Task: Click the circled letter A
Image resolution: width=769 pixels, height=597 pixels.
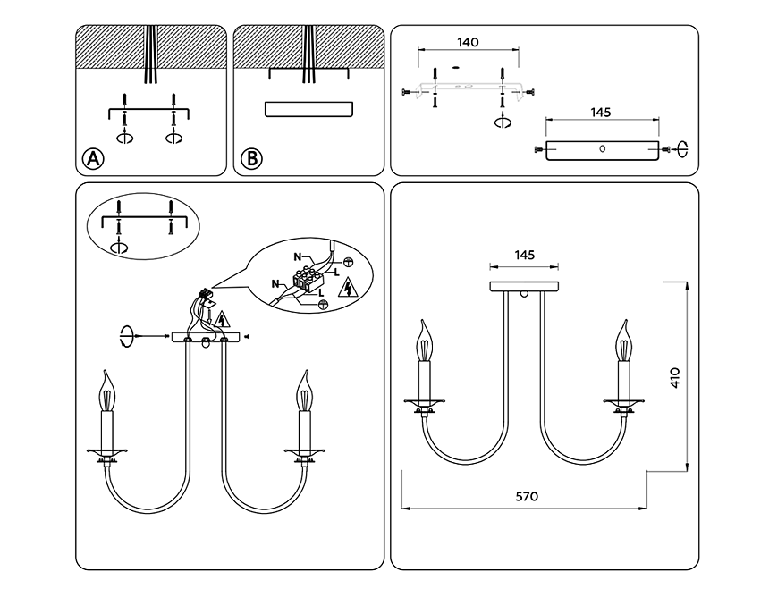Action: (x=93, y=159)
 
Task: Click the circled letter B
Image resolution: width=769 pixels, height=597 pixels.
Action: (x=251, y=159)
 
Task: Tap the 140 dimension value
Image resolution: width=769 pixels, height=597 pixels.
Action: (x=468, y=43)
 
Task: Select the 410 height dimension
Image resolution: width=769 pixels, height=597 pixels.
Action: (x=675, y=377)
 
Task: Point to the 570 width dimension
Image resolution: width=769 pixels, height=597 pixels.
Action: (x=527, y=497)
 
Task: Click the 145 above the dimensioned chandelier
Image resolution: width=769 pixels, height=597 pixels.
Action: (x=524, y=255)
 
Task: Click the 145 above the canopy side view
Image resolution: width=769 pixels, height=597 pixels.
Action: (x=600, y=113)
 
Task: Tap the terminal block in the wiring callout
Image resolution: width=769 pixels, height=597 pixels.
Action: (x=308, y=279)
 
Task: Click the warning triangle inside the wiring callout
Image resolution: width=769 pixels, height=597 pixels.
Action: (x=348, y=288)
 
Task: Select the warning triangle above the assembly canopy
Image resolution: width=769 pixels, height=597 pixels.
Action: (x=223, y=319)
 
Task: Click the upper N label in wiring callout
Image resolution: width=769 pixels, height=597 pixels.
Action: (x=298, y=256)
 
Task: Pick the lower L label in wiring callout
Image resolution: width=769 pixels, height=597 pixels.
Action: (x=321, y=294)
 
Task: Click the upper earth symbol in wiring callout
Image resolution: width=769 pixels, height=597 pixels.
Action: (x=347, y=262)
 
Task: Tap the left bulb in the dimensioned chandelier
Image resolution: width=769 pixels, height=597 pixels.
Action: (x=425, y=341)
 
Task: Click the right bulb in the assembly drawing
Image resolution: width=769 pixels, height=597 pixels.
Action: (x=305, y=391)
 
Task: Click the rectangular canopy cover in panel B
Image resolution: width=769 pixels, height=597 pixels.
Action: (x=309, y=109)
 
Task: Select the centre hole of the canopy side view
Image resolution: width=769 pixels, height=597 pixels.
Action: (x=603, y=148)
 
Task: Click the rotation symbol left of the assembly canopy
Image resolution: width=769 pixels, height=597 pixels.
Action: (x=127, y=336)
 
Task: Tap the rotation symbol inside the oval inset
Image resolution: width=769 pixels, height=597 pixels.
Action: (x=119, y=247)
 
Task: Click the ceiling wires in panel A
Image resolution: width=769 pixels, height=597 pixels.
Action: (x=149, y=55)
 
